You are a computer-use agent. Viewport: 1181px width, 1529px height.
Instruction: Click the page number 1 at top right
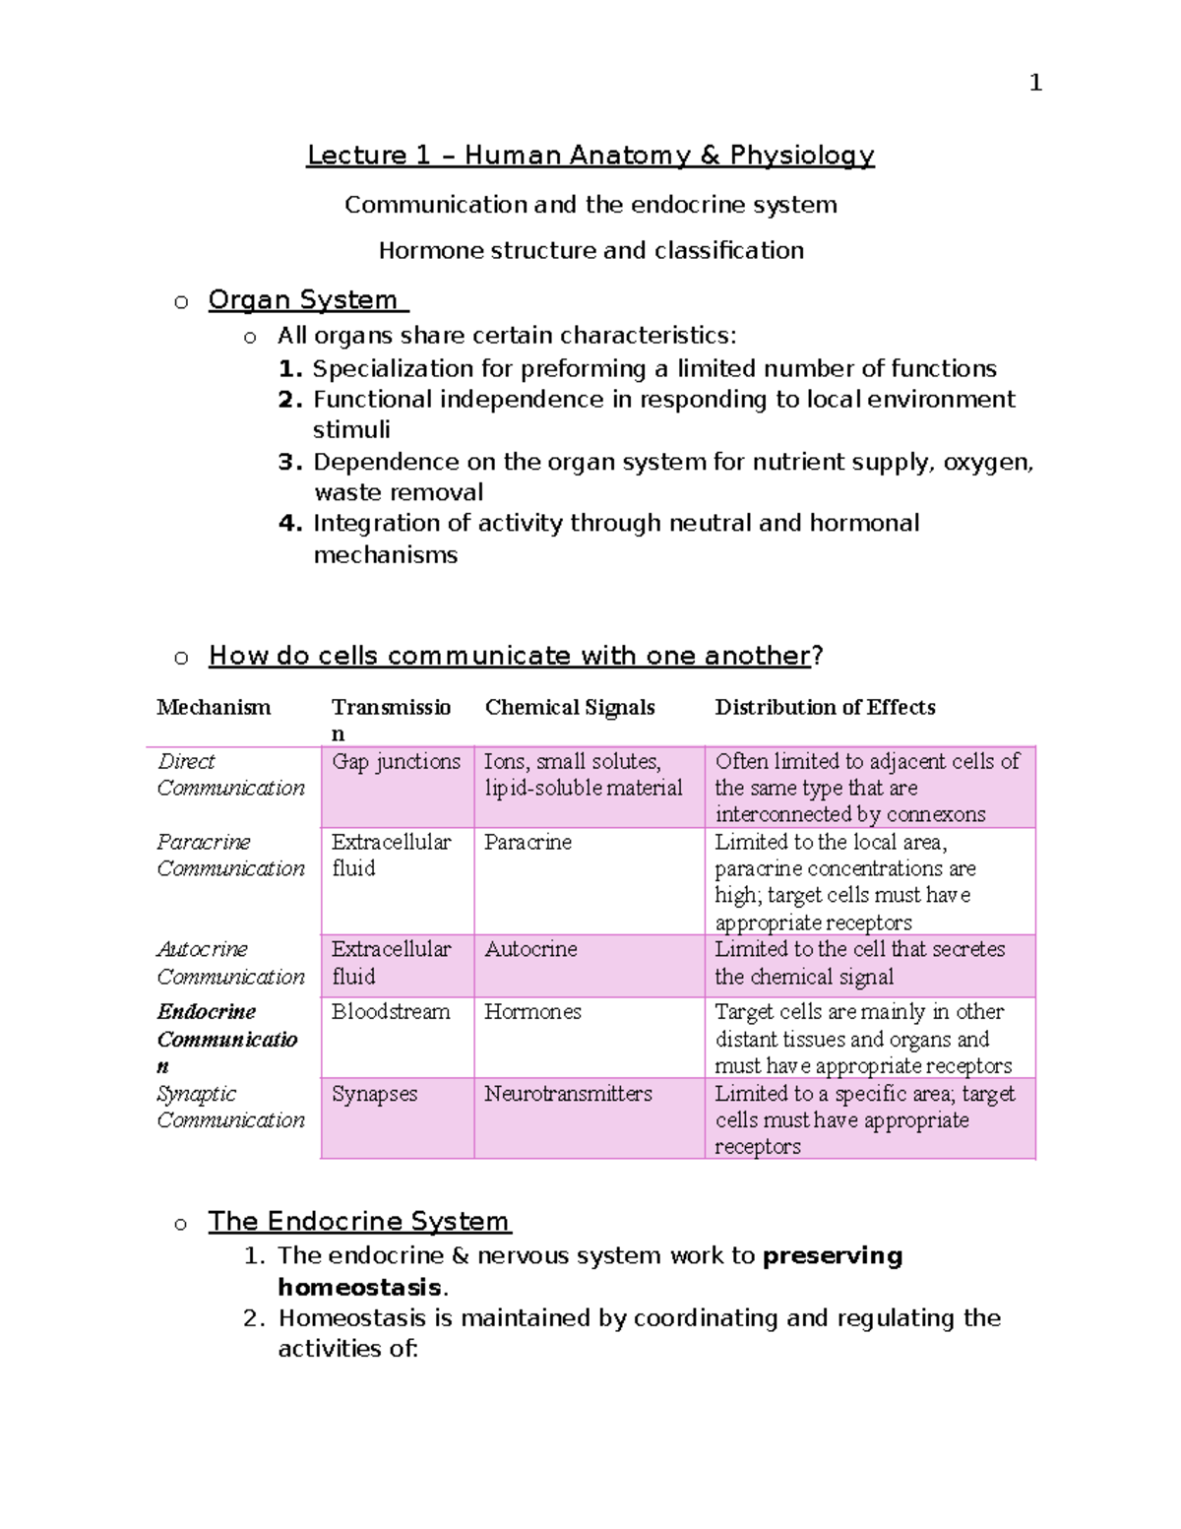point(1034,83)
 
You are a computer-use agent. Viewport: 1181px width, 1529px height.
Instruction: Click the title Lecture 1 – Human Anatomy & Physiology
point(590,156)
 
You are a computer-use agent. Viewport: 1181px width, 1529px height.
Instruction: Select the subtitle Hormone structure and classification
point(590,250)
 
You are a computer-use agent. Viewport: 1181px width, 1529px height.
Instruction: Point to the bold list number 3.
point(289,462)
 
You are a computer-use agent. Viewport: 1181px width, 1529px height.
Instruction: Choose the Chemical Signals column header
point(570,707)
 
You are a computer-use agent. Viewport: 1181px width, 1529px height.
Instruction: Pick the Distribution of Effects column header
point(825,707)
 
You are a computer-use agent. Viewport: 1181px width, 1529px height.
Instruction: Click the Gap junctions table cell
point(396,761)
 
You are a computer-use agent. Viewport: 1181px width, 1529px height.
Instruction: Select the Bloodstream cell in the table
point(391,1011)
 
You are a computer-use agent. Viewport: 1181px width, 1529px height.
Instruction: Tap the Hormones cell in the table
point(532,1011)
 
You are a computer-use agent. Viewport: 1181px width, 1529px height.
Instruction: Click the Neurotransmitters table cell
point(568,1093)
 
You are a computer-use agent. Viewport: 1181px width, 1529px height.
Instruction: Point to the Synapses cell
point(374,1093)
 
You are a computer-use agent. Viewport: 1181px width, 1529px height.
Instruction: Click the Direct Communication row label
point(230,775)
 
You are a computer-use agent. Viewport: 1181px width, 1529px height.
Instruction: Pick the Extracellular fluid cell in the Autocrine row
point(391,962)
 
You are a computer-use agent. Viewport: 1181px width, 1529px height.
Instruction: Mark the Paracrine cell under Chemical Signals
point(528,842)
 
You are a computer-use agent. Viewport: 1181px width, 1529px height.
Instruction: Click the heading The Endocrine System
point(359,1221)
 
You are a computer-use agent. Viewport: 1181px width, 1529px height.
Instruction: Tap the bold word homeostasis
point(359,1287)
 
